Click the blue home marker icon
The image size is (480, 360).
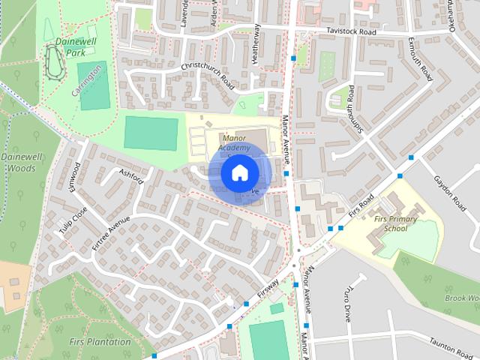pyautogui.click(x=238, y=173)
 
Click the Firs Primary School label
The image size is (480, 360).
pyautogui.click(x=395, y=223)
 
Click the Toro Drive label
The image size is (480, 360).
pyautogui.click(x=348, y=300)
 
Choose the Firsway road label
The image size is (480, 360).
pyautogui.click(x=268, y=291)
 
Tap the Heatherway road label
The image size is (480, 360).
pyautogui.click(x=257, y=43)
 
